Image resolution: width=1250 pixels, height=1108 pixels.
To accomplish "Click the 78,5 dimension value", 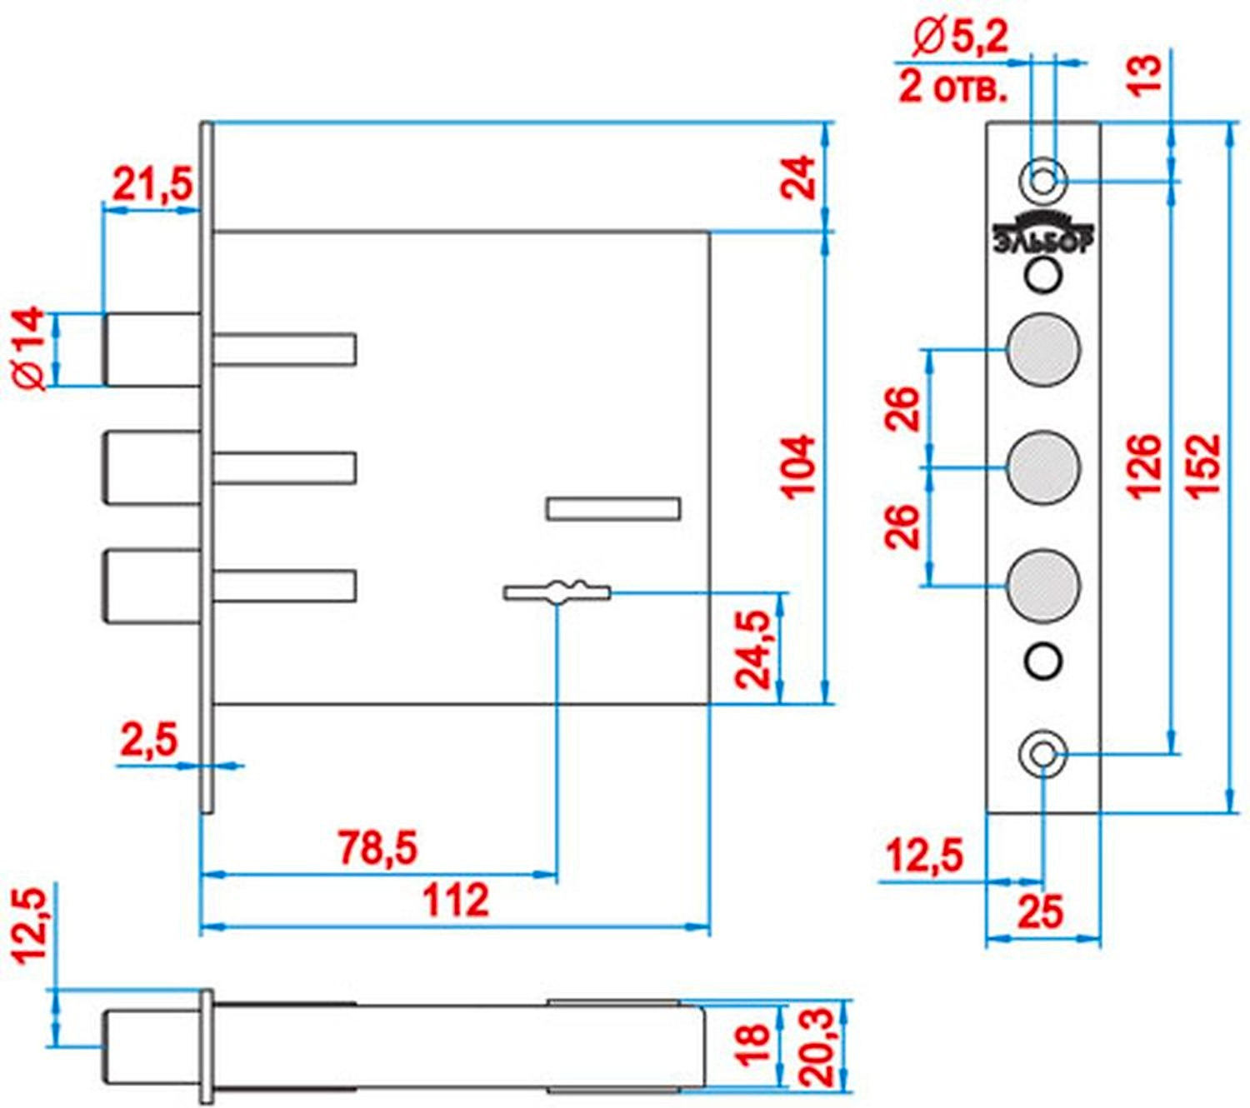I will point(377,848).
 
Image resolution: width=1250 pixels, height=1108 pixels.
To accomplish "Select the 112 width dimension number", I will point(455,901).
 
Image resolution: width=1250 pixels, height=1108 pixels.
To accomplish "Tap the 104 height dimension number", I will point(797,466).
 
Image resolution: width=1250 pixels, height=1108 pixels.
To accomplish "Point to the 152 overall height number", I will point(1203,466).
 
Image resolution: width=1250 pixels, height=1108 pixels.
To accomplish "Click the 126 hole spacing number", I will point(1144,466).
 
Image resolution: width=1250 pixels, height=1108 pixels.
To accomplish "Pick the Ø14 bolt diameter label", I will point(30,348).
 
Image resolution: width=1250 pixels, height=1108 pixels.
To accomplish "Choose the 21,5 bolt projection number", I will point(152,184).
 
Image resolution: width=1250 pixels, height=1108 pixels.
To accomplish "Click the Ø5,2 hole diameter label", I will point(959,37).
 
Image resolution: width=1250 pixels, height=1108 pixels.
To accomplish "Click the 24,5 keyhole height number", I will point(754,650).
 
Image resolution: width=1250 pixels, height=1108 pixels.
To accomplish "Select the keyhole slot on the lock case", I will point(557,592).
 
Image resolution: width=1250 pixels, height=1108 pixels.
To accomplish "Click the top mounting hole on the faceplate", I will point(1042,180).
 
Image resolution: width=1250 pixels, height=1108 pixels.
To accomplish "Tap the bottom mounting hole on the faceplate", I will point(1042,755).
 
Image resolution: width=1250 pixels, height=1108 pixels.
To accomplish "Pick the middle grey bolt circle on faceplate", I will point(1042,467).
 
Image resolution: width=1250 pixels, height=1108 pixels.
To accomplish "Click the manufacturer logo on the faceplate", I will point(1042,232).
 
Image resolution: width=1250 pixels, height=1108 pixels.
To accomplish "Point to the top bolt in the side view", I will point(152,350).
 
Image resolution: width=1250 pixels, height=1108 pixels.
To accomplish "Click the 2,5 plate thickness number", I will point(149,739).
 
